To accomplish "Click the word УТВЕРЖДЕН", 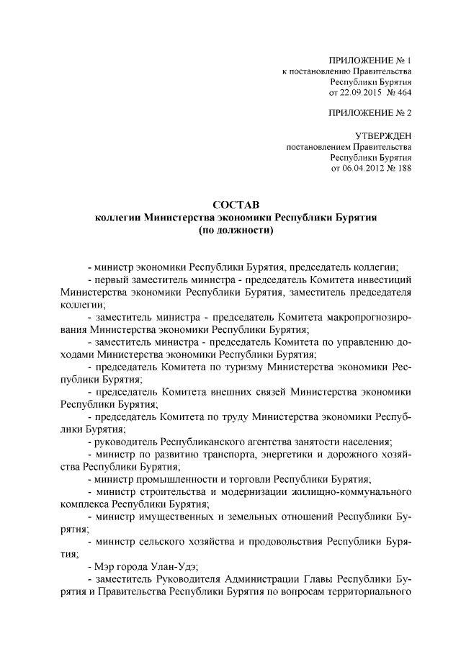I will click(383, 135).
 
